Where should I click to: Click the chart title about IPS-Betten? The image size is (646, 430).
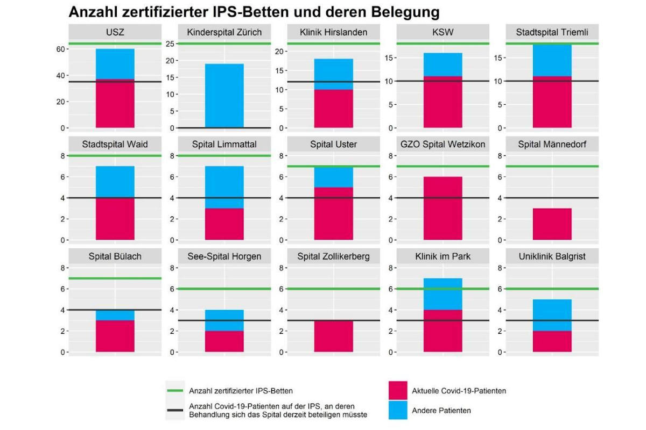coord(254,11)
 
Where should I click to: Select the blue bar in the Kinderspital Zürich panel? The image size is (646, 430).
coord(224,96)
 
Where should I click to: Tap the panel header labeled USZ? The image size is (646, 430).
coord(115,32)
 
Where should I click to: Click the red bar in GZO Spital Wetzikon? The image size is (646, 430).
coord(443,208)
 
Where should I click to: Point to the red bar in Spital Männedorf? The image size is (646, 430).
coord(552,224)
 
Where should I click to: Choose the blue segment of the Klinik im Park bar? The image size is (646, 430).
coord(443,293)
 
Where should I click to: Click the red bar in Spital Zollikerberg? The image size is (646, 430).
coord(334,336)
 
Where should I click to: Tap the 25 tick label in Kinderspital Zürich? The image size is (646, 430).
coord(170,44)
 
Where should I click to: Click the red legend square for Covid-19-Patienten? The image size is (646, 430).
coord(397,391)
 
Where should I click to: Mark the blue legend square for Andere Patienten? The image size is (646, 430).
coord(397,410)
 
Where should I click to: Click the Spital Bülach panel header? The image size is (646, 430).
coord(115,256)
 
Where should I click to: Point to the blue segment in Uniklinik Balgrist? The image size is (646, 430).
coord(552,316)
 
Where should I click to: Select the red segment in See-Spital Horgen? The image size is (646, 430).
coord(224,341)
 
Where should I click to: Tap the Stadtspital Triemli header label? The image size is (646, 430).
coord(552,32)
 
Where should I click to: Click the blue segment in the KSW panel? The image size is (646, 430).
coord(443,64)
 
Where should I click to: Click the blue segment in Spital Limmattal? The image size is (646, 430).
coord(224,187)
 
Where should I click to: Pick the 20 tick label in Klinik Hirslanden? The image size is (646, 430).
coord(279,52)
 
